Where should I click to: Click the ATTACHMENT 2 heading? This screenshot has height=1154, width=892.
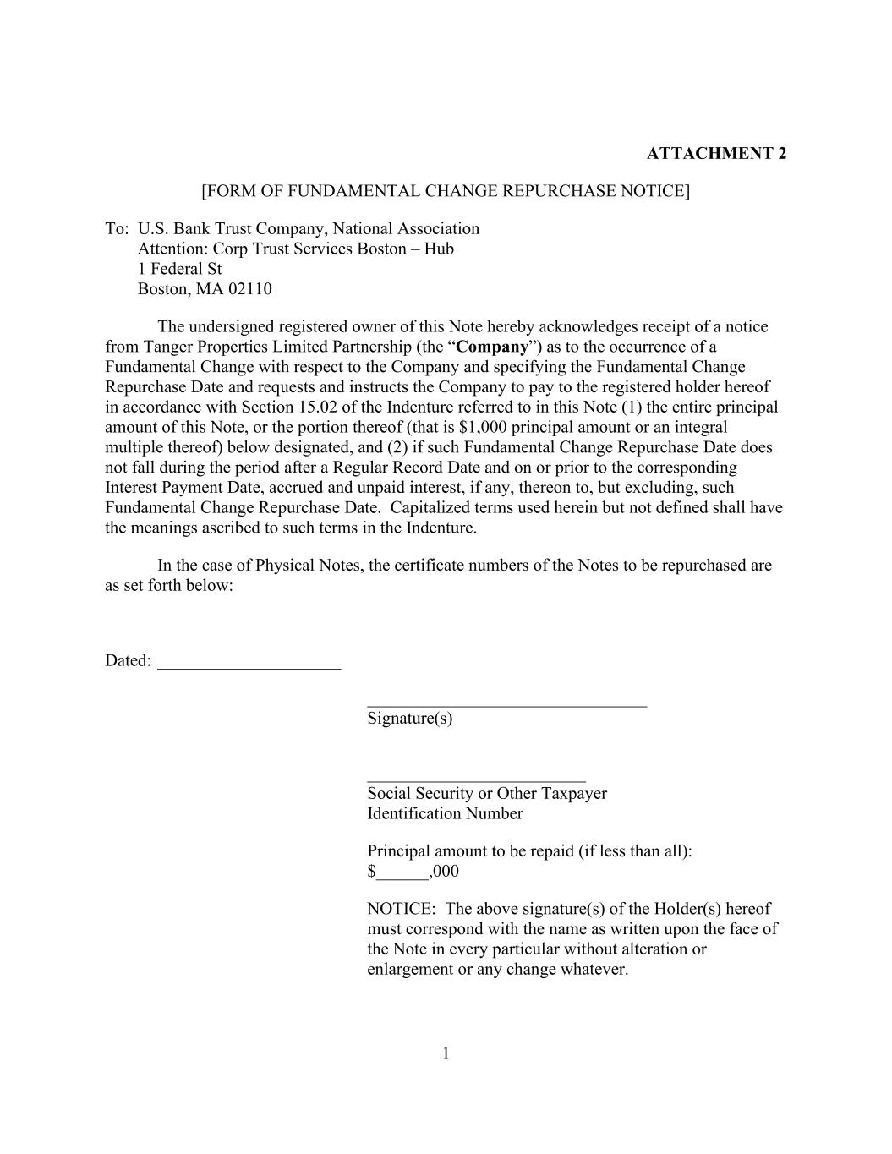tap(716, 153)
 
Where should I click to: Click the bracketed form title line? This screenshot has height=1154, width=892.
tap(446, 191)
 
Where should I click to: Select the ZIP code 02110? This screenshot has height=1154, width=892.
tap(249, 289)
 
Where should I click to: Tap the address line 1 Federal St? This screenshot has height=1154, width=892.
tap(179, 269)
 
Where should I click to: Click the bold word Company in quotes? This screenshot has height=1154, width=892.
tap(492, 347)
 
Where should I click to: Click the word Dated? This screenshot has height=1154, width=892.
tap(127, 661)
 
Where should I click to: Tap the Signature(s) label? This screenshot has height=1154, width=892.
tap(409, 719)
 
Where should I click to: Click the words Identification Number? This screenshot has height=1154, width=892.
tap(445, 813)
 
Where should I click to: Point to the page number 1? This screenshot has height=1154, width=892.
tap(446, 1053)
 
